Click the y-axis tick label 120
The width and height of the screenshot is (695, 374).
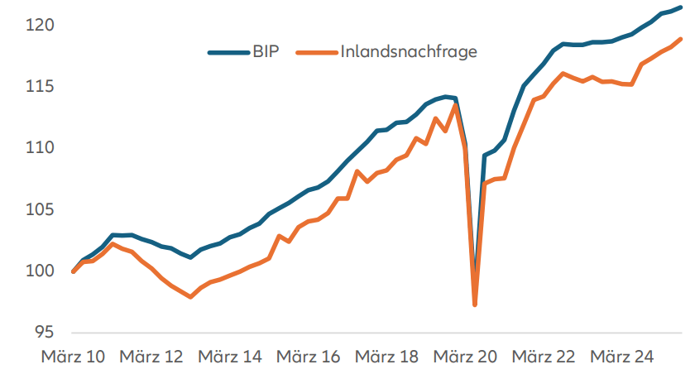tap(40, 26)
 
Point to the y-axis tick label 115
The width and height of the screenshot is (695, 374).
tap(40, 87)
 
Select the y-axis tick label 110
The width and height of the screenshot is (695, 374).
tap(40, 148)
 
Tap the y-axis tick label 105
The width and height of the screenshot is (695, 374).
tap(40, 209)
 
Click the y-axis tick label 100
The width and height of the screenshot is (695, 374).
tap(40, 271)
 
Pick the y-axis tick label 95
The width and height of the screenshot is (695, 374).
tap(44, 332)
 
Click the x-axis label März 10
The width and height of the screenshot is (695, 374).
tap(74, 357)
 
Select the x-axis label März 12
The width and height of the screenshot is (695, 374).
tap(152, 357)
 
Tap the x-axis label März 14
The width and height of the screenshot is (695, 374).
tap(231, 357)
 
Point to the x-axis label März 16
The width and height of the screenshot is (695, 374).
tap(309, 357)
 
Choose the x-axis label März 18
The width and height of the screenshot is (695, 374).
tap(388, 357)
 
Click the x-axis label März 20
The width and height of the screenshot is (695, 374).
tap(467, 357)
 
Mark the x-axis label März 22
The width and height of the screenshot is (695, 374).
tap(544, 357)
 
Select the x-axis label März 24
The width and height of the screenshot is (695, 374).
tap(623, 357)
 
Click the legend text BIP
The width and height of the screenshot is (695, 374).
tap(266, 51)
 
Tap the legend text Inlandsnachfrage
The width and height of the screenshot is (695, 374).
tap(410, 51)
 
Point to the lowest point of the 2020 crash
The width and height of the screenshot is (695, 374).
tap(475, 304)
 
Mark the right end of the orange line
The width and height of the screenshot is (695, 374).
tap(680, 39)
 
